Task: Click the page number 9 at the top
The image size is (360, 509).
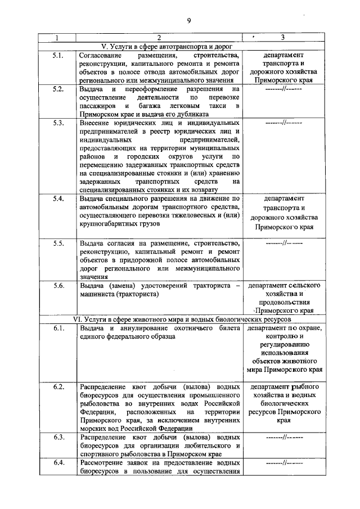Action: [189, 21]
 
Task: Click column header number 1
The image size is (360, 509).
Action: [57, 38]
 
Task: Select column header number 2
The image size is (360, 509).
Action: [159, 38]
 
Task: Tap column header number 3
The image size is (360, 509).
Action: [283, 38]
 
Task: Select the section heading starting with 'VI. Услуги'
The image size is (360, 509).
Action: [182, 319]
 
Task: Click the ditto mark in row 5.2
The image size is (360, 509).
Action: [283, 89]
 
